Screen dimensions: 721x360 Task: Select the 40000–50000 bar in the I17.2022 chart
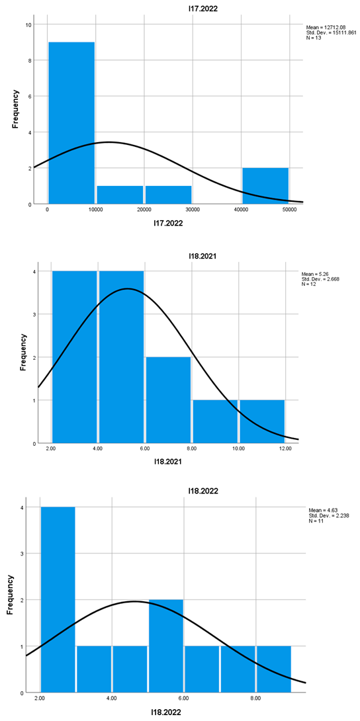coord(265,186)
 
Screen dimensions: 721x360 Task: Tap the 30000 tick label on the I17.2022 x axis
coord(193,210)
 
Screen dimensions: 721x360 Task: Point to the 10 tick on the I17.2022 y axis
coord(28,24)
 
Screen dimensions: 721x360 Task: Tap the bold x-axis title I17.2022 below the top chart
coord(169,224)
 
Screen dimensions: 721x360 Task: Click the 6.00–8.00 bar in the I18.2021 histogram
coord(169,400)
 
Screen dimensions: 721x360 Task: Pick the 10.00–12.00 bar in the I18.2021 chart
coord(262,421)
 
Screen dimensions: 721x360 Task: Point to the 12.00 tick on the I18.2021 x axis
coord(285,448)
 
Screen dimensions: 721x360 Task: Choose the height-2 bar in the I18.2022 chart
coord(166,646)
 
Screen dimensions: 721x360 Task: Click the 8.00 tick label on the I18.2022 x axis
coord(256,698)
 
